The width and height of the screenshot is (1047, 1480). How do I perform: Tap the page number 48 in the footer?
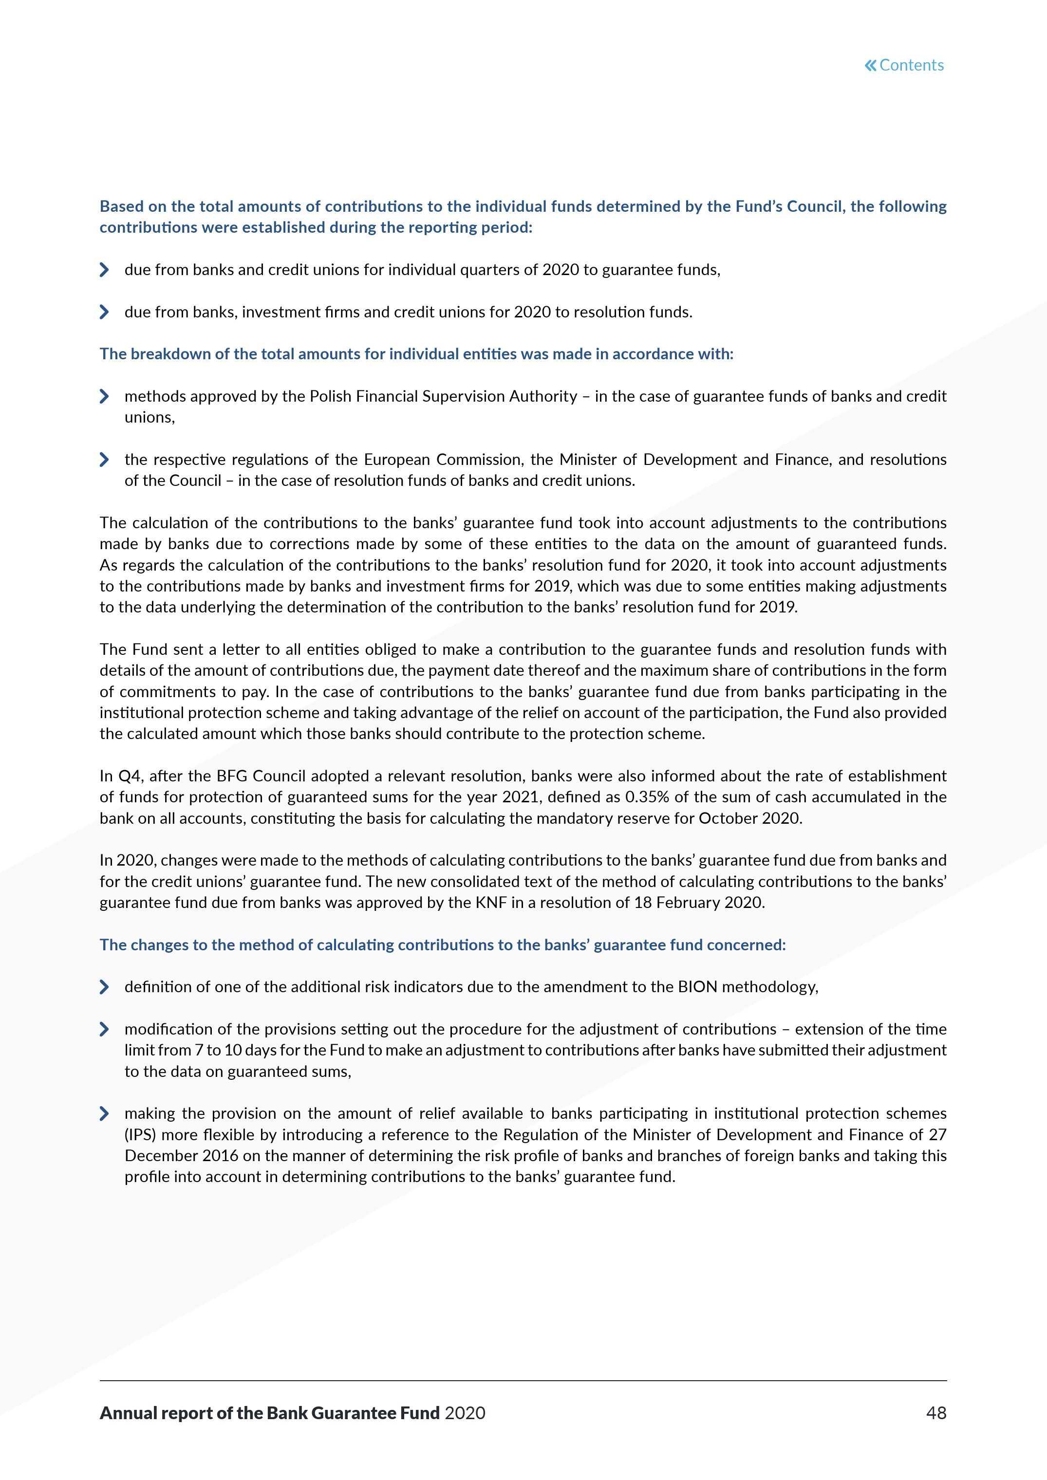click(x=936, y=1413)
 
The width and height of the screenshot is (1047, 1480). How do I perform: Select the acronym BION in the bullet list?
click(x=697, y=987)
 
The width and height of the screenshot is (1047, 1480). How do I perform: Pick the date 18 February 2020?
click(x=699, y=903)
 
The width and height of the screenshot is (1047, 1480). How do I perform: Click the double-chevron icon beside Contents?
click(x=870, y=65)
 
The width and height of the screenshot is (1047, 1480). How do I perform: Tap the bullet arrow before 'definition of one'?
click(x=104, y=987)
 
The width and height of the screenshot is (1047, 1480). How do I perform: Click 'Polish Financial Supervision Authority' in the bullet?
click(x=444, y=396)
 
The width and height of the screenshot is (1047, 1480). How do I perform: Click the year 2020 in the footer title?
click(x=465, y=1413)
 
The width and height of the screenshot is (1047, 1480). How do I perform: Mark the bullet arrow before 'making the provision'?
click(x=104, y=1113)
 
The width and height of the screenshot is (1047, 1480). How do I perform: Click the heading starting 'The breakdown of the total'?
click(x=416, y=354)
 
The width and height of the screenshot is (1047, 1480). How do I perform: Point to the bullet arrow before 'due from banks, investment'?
click(x=104, y=312)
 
